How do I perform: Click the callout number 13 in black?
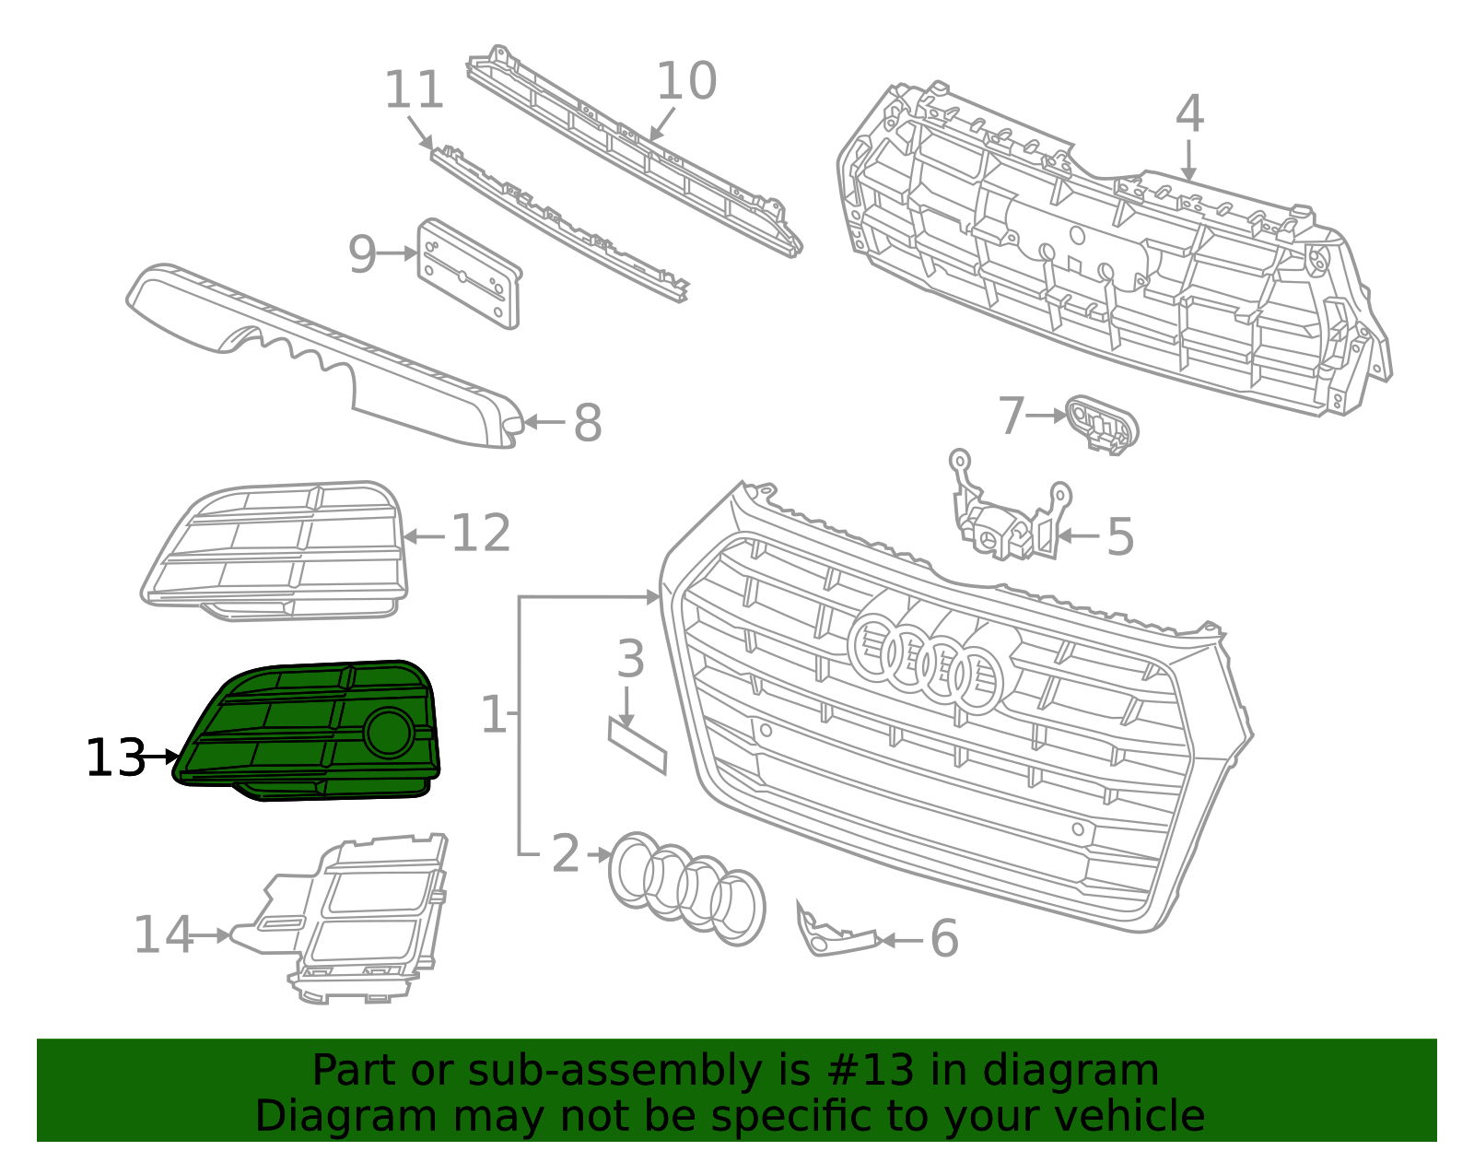coord(115,758)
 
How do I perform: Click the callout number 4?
coord(1189,114)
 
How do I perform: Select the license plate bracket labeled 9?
coord(470,274)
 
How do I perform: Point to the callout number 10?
coord(685,81)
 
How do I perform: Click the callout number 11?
coord(414,90)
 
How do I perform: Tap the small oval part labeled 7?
coord(1102,425)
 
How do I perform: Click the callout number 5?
coord(1119,536)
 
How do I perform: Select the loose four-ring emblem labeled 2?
coord(686,887)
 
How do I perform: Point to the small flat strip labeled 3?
coord(637,745)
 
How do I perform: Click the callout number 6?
coord(943,939)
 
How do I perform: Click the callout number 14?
coord(162,935)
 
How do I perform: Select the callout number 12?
coord(480,534)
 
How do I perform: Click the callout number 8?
coord(587,423)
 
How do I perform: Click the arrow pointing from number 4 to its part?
coord(1189,160)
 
